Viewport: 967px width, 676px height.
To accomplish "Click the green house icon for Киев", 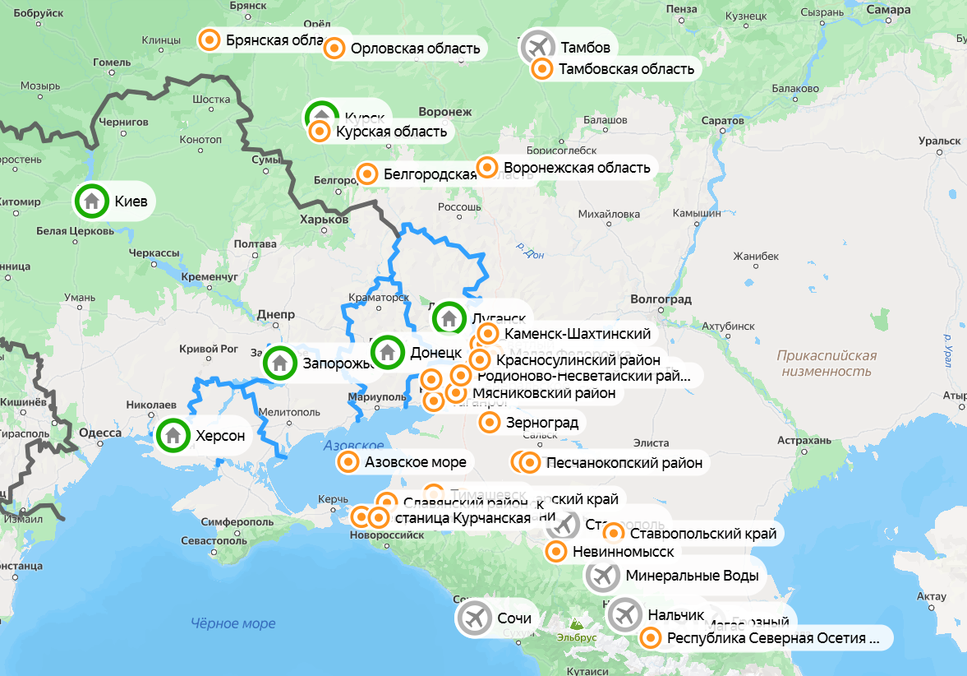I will pos(92,201).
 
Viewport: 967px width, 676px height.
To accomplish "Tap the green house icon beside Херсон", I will pos(173,435).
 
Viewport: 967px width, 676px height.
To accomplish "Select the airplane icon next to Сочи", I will pos(475,618).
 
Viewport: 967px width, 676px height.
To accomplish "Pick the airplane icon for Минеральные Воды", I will pos(603,576).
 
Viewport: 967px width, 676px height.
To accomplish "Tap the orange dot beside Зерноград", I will pos(490,423).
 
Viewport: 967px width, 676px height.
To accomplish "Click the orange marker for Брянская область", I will pos(210,39).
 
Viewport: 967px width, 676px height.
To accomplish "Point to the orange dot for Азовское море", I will pos(348,462).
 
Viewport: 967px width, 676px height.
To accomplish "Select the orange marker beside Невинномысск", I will pos(556,552).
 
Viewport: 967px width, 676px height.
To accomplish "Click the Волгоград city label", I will pos(661,299).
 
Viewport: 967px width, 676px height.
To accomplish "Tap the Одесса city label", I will pos(100,433).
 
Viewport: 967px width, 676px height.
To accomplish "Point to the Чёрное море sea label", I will pos(233,623).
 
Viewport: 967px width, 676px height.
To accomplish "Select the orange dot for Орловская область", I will pos(334,49).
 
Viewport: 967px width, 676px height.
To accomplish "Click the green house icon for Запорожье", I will pos(279,362).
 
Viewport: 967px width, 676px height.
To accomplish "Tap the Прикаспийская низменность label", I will pos(827,363).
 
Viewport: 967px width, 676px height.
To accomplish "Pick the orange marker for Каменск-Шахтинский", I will pos(488,334).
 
